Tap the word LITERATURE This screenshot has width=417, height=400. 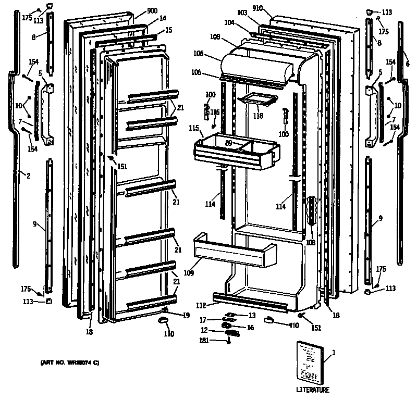pyautogui.click(x=313, y=390)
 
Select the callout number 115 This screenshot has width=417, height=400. pyautogui.click(x=194, y=128)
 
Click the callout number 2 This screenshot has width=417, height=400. pyautogui.click(x=28, y=176)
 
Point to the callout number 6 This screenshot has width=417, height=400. pyautogui.click(x=408, y=64)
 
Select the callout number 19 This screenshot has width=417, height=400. pyautogui.click(x=186, y=315)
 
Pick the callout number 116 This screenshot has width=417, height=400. pyautogui.click(x=215, y=113)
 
